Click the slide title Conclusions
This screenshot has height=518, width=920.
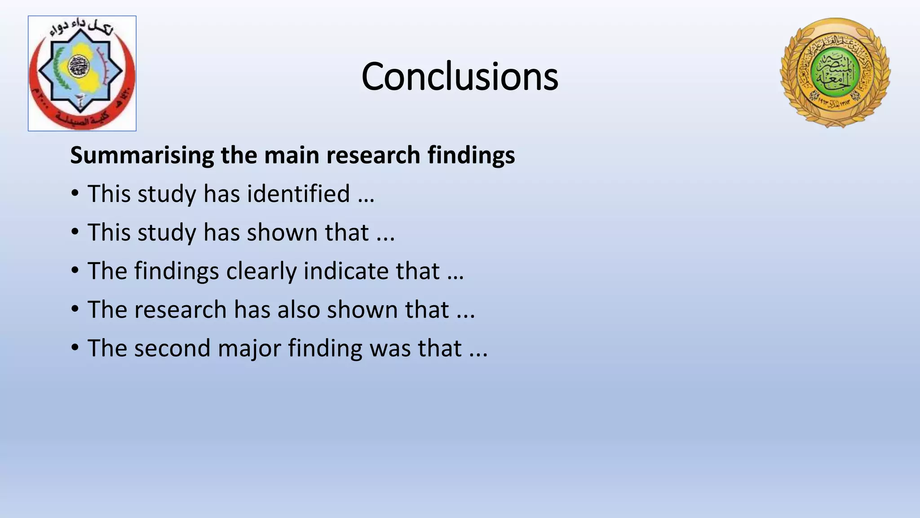click(x=460, y=76)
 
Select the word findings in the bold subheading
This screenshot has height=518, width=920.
click(x=471, y=156)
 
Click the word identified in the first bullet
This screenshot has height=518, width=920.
click(x=298, y=194)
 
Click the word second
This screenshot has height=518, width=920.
click(x=172, y=348)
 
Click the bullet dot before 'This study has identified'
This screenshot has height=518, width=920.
click(x=75, y=194)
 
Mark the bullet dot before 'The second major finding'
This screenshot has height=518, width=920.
click(x=75, y=348)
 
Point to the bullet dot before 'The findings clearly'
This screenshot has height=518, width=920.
click(x=75, y=271)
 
